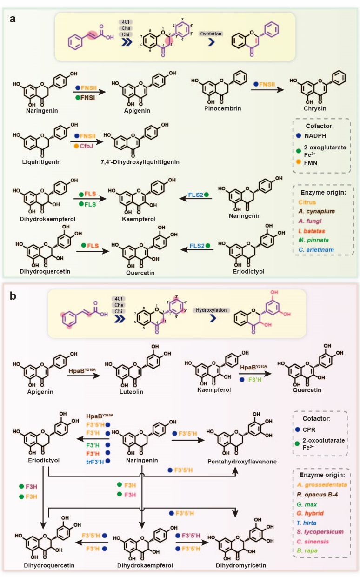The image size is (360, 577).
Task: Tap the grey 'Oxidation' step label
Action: point(211,34)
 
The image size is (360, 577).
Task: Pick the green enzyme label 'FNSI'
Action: point(88,99)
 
